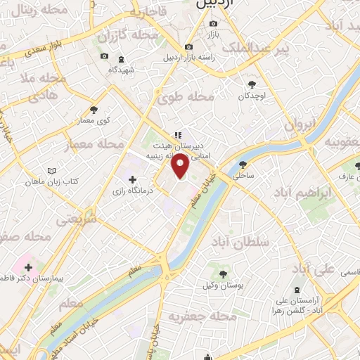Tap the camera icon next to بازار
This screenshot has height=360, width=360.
coord(213,22)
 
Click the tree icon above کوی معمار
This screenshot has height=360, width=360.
coord(94,109)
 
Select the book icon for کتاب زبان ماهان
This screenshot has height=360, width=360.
coord(50,171)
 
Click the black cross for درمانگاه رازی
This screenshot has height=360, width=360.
coord(132,179)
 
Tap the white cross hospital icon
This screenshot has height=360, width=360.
coord(28,266)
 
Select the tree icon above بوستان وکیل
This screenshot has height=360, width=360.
coord(223,274)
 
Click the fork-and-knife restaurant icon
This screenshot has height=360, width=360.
coord(178,134)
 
